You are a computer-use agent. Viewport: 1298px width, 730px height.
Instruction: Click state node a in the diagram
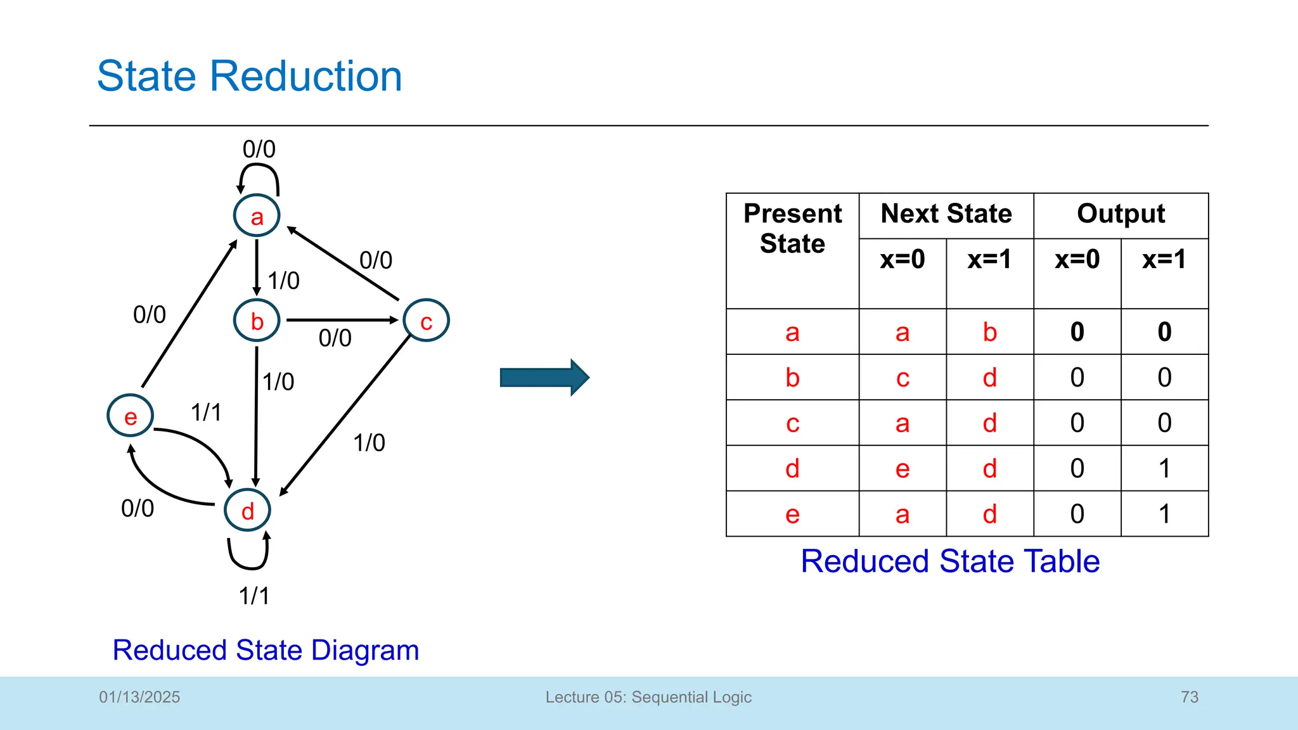(x=257, y=216)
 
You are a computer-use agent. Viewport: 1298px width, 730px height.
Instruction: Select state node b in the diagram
(x=257, y=321)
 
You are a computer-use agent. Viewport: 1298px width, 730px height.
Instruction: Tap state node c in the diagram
(x=426, y=321)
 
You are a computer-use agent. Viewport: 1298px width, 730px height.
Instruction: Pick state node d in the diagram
(x=247, y=510)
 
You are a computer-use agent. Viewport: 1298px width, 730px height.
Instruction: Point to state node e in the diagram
(x=130, y=416)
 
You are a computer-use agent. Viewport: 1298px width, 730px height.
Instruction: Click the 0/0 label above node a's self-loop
(x=259, y=150)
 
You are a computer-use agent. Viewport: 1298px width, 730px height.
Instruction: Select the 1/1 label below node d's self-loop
(x=254, y=596)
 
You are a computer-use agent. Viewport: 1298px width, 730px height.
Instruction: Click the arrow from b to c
(x=342, y=320)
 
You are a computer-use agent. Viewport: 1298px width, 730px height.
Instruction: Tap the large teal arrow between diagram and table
(x=544, y=378)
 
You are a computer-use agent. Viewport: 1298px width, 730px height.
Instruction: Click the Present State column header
(x=792, y=228)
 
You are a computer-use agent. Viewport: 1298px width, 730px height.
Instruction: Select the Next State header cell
(x=946, y=214)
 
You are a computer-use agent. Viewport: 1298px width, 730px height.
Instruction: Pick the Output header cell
(x=1121, y=214)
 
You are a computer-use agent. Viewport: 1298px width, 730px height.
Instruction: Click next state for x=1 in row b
(x=989, y=378)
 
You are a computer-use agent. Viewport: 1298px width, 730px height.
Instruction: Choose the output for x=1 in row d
(x=1164, y=468)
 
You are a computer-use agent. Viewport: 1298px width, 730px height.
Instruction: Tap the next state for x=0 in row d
(x=903, y=468)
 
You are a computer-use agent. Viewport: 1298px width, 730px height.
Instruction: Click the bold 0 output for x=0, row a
(x=1077, y=332)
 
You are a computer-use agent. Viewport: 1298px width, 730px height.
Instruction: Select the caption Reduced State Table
(x=949, y=561)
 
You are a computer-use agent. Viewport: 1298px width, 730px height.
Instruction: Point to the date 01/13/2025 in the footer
(x=139, y=697)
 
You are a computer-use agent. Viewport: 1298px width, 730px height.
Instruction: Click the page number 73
(x=1190, y=697)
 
